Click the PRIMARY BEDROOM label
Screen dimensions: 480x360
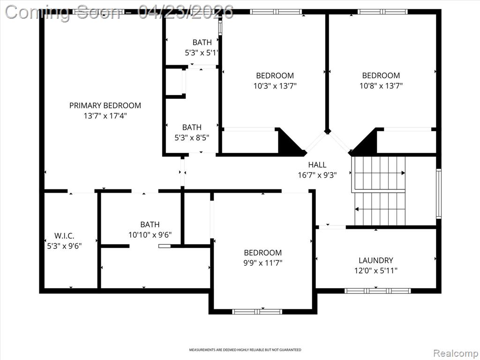tap(105, 105)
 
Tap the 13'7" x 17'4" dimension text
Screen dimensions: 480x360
tap(105, 116)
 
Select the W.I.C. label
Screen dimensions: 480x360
tap(64, 236)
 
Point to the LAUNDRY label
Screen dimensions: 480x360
tap(376, 260)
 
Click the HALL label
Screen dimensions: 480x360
tap(317, 165)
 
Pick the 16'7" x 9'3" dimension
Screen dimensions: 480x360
tap(317, 175)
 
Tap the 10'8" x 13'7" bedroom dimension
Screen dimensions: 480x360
tap(381, 86)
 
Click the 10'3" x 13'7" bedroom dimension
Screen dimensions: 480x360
tap(275, 86)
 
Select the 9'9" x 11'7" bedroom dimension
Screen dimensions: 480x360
tap(262, 263)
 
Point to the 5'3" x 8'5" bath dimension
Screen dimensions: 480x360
tap(192, 138)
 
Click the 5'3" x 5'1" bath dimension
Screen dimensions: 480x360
tap(202, 53)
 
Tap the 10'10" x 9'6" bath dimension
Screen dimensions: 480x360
tap(150, 235)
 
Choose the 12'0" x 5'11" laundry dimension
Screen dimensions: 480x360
tap(376, 270)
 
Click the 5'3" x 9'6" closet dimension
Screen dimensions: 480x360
tap(64, 246)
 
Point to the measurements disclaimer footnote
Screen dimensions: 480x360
tap(245, 350)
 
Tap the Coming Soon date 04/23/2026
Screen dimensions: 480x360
tap(186, 13)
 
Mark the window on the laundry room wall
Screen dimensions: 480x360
tap(378, 291)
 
